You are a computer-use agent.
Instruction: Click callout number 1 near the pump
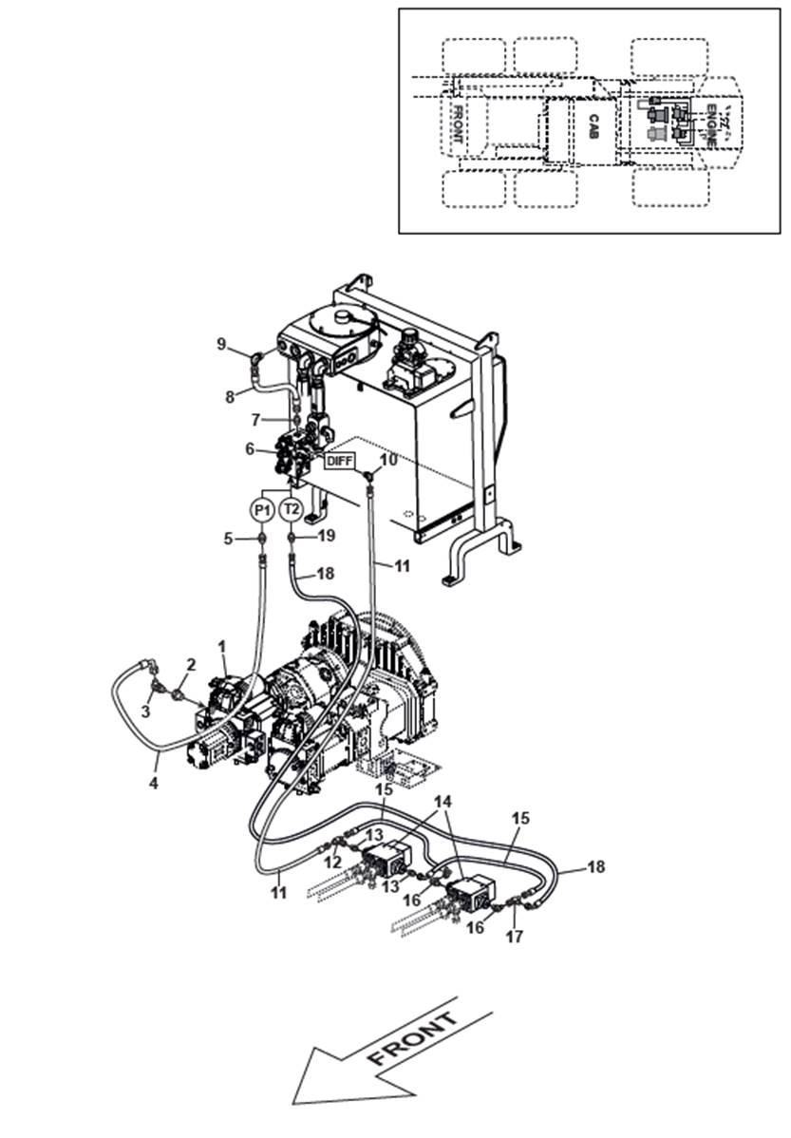[222, 646]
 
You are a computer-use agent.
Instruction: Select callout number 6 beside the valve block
[250, 449]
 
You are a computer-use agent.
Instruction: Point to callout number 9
[222, 343]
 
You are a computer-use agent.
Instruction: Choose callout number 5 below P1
[228, 538]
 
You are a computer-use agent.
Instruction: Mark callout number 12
[330, 862]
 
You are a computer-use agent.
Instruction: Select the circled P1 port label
[263, 510]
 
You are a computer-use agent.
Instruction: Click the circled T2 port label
[292, 510]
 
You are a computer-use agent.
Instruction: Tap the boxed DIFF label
[339, 461]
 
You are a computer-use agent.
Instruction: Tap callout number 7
[254, 419]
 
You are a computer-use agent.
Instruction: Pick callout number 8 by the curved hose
[230, 398]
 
